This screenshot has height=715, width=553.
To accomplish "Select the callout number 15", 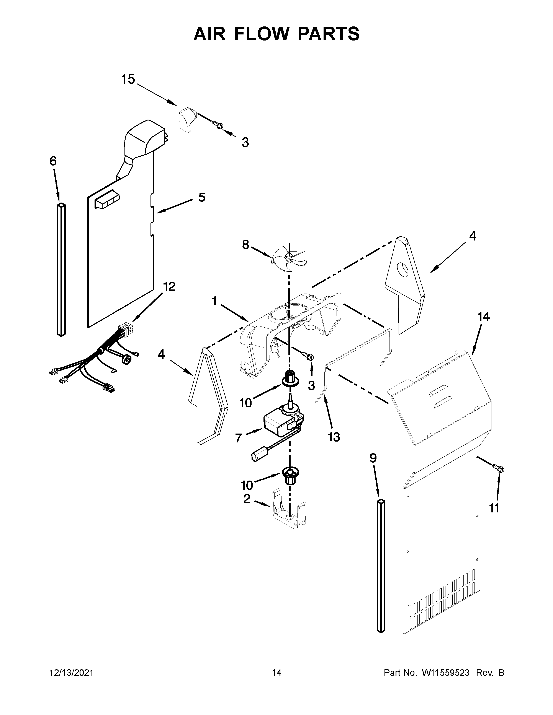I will pyautogui.click(x=128, y=79).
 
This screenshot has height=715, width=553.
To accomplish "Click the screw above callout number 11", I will pyautogui.click(x=500, y=469).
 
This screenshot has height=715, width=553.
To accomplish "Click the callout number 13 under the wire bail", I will pyautogui.click(x=334, y=437).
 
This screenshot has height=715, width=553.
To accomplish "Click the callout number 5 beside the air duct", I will pyautogui.click(x=202, y=197).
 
